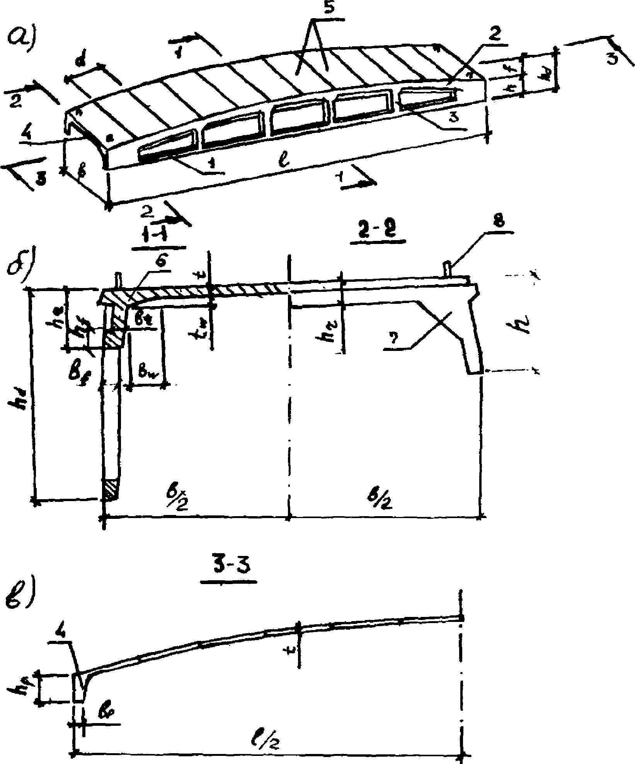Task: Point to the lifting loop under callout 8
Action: pos(448,269)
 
